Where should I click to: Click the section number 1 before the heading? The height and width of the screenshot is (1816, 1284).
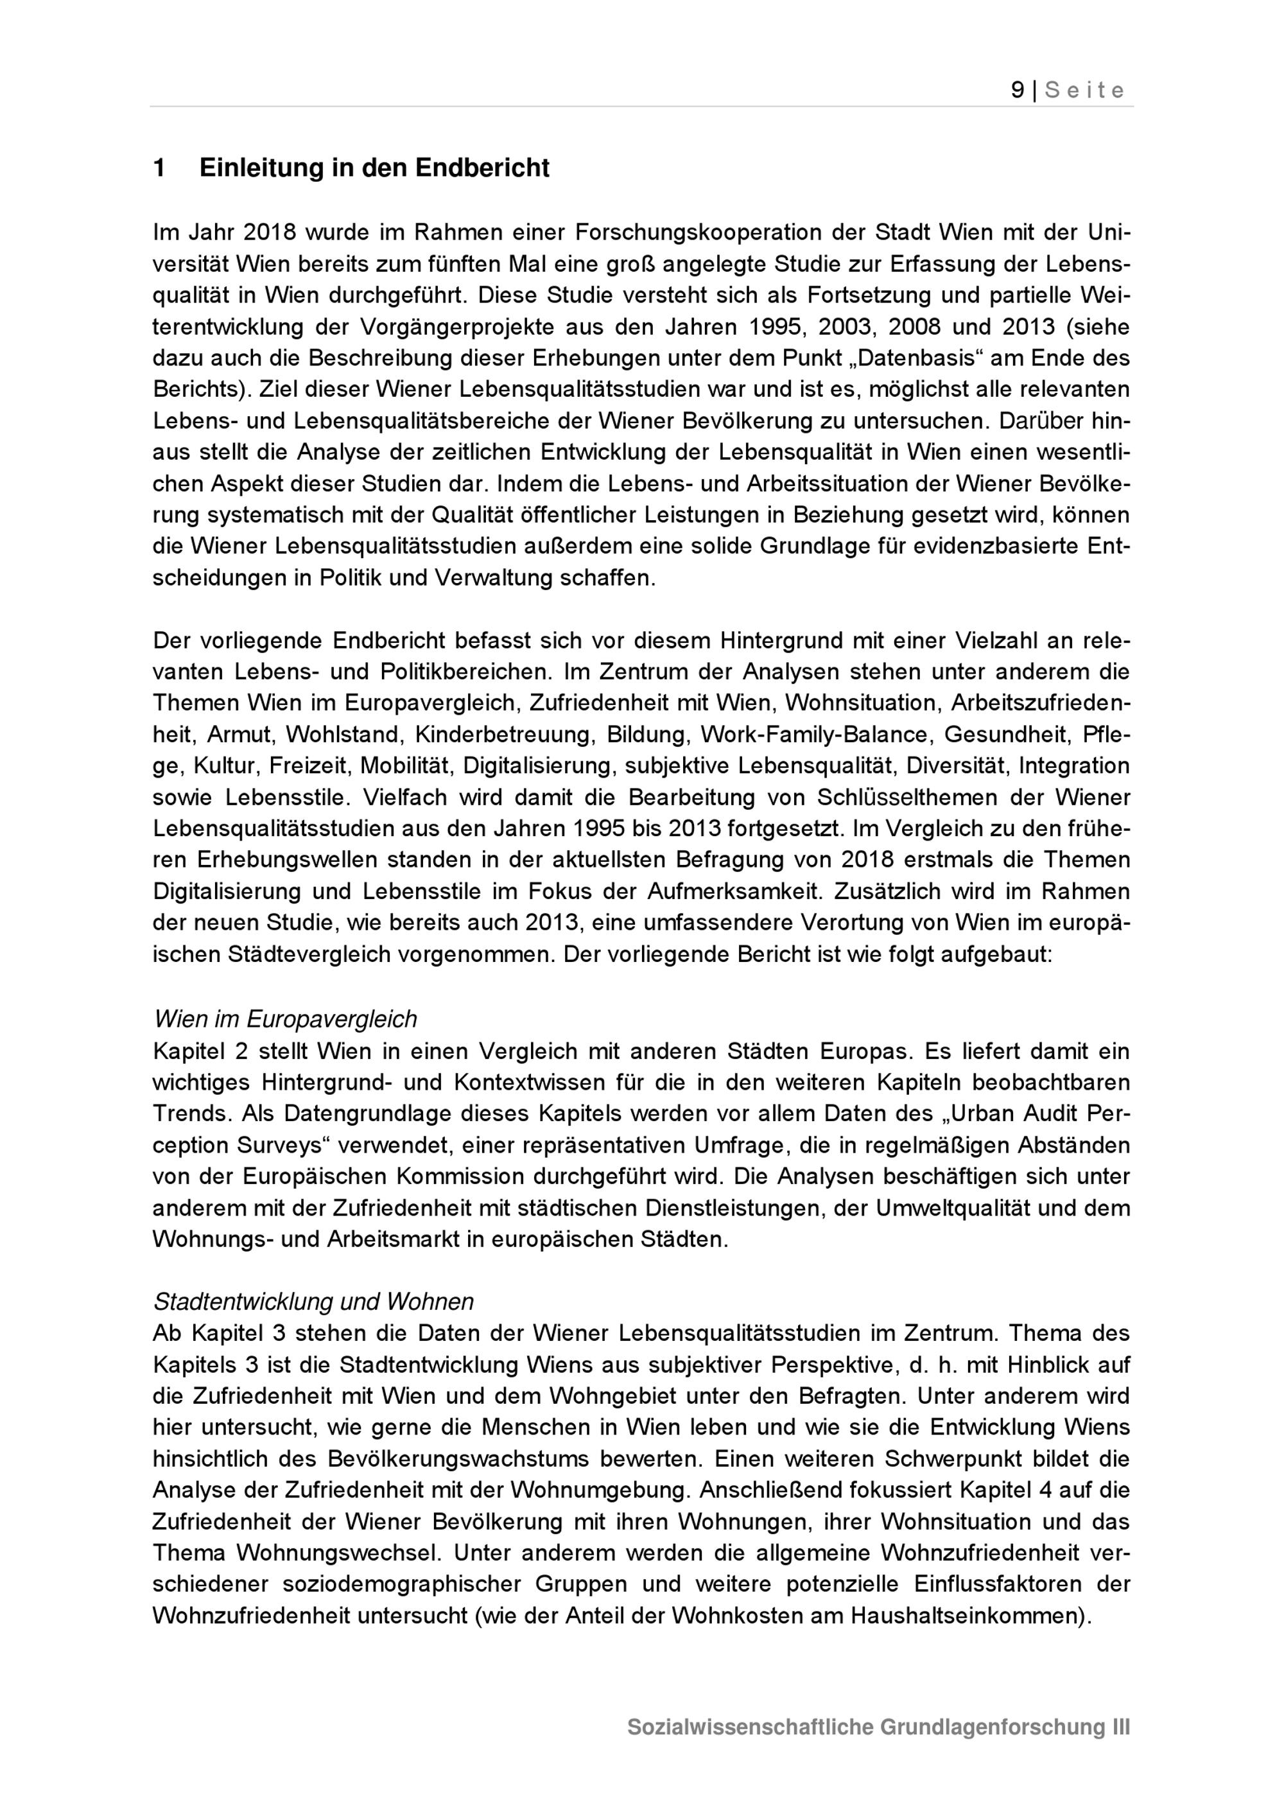tap(159, 168)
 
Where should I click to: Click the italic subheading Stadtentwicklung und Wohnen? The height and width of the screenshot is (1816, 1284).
tap(314, 1302)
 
